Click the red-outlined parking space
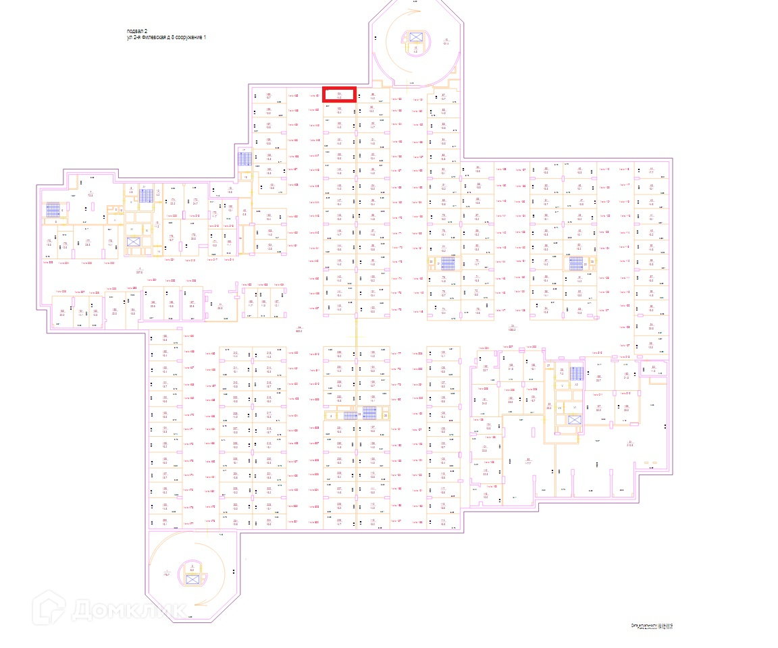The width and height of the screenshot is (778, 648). click(339, 95)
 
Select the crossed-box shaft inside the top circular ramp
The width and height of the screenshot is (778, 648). click(415, 37)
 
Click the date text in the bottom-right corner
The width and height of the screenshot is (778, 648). click(652, 627)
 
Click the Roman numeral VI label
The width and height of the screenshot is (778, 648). click(575, 408)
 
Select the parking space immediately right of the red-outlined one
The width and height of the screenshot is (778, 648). click(372, 95)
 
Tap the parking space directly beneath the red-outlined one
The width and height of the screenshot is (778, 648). click(339, 110)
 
